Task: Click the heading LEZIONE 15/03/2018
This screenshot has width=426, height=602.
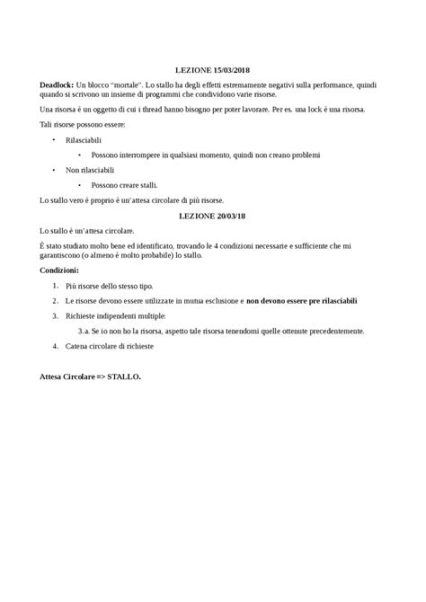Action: pos(212,69)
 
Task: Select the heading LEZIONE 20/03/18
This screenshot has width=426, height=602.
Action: pos(212,216)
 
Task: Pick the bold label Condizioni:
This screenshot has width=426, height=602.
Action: pos(59,270)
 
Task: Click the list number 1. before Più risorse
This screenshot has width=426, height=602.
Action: pos(56,286)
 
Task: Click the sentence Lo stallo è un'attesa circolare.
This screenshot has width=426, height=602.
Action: pos(93,230)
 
